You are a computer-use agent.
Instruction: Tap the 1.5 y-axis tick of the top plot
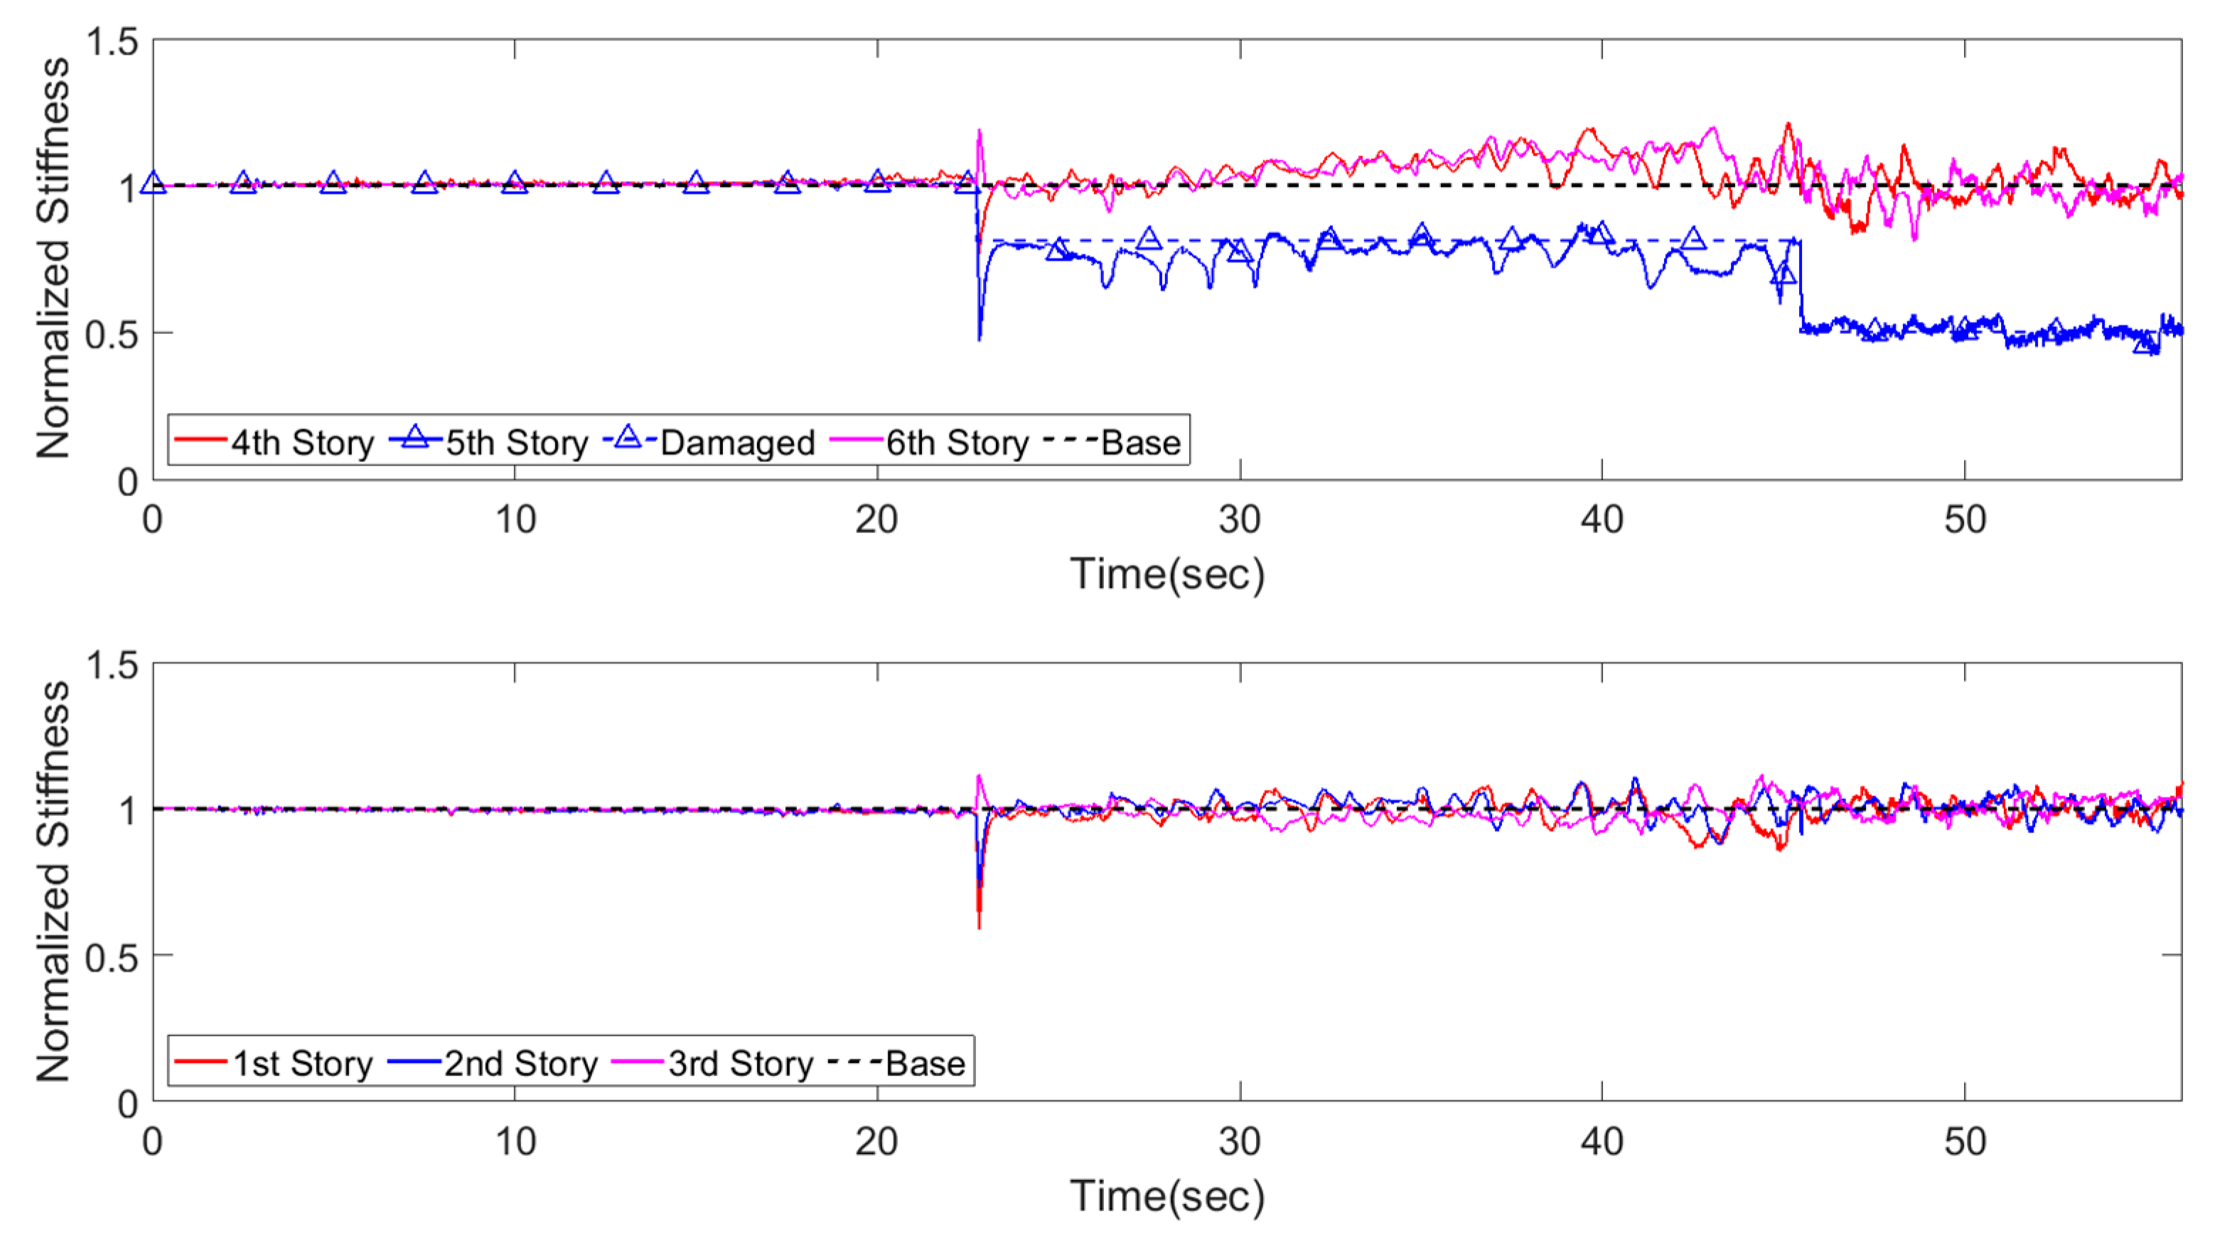pos(112,41)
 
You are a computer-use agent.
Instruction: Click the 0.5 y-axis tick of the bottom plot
pos(112,956)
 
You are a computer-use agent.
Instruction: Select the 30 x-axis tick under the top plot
pos(1240,520)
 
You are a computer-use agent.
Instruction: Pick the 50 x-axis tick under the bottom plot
pos(1965,1142)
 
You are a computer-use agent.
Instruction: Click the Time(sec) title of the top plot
pos(1167,574)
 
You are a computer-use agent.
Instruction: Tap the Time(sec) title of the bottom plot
pos(1167,1196)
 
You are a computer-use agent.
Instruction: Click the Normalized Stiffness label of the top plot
pos(53,258)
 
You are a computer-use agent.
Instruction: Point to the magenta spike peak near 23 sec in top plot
pos(980,131)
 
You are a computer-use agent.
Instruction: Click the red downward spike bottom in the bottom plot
pos(980,927)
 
